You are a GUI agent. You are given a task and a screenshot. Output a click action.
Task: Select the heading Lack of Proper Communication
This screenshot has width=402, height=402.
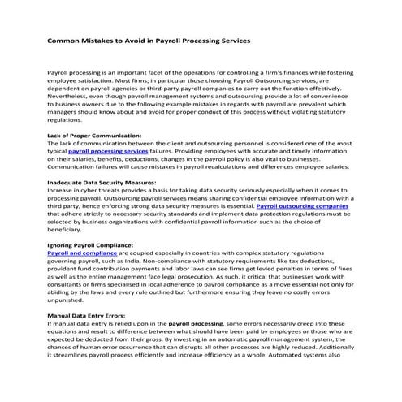(95, 135)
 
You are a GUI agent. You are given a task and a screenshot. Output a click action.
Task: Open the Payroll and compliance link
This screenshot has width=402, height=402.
(83, 253)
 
